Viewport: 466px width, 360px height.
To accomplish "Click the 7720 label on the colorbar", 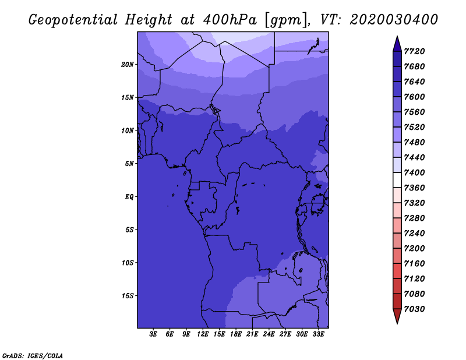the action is tap(414, 51).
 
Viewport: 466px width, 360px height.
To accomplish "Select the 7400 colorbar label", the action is tap(414, 172).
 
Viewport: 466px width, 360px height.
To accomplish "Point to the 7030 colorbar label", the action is tap(414, 309).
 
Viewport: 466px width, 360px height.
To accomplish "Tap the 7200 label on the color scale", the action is tap(414, 249).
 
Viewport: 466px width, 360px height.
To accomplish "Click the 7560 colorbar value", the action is tap(414, 112).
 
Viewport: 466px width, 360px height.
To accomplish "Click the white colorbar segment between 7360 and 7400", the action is tap(397, 180).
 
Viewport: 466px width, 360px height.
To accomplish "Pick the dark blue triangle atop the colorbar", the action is tap(397, 44).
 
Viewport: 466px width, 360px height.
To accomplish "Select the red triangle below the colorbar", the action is tap(397, 316).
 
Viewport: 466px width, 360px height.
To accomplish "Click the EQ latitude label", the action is tap(129, 197).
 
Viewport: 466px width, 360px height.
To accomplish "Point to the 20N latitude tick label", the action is tap(127, 65).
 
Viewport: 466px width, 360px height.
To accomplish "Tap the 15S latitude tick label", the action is tap(127, 296).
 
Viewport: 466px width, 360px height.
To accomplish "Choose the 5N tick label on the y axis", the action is tap(129, 164).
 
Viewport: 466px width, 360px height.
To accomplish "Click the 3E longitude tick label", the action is tap(153, 334).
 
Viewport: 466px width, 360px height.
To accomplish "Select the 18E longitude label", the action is tap(236, 334).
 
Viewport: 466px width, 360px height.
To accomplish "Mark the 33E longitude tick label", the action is tap(318, 334).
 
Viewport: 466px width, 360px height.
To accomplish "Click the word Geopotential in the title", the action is tap(73, 20).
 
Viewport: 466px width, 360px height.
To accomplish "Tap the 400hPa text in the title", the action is tap(230, 20).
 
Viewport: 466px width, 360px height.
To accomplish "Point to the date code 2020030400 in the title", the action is tap(394, 20).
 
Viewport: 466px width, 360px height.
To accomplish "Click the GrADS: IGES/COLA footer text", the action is tap(33, 356).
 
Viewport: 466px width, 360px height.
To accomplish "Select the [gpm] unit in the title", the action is tap(287, 20).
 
